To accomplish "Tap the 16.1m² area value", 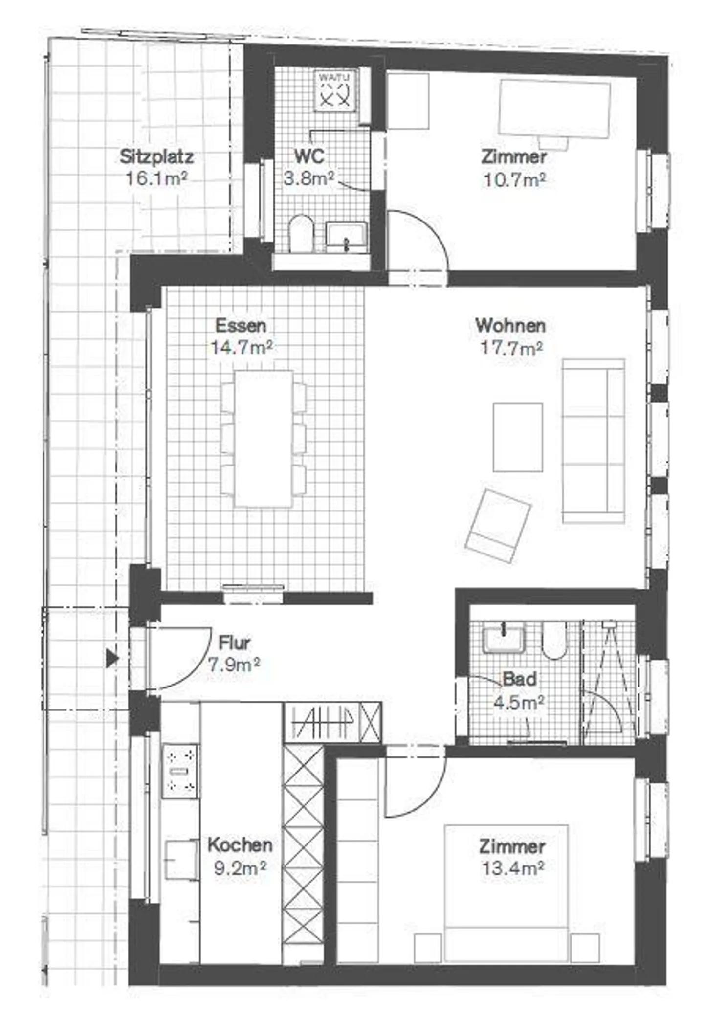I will click(x=156, y=178).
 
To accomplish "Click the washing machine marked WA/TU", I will click(x=335, y=89).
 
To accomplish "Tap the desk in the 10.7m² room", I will click(x=554, y=109).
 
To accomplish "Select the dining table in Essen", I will click(x=264, y=438).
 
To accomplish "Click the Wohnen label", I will click(x=510, y=325).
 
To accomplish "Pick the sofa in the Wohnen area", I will click(x=593, y=441).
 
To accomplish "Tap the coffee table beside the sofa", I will click(x=517, y=437).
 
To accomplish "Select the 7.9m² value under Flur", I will click(x=234, y=665).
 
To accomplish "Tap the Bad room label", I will click(x=519, y=679).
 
